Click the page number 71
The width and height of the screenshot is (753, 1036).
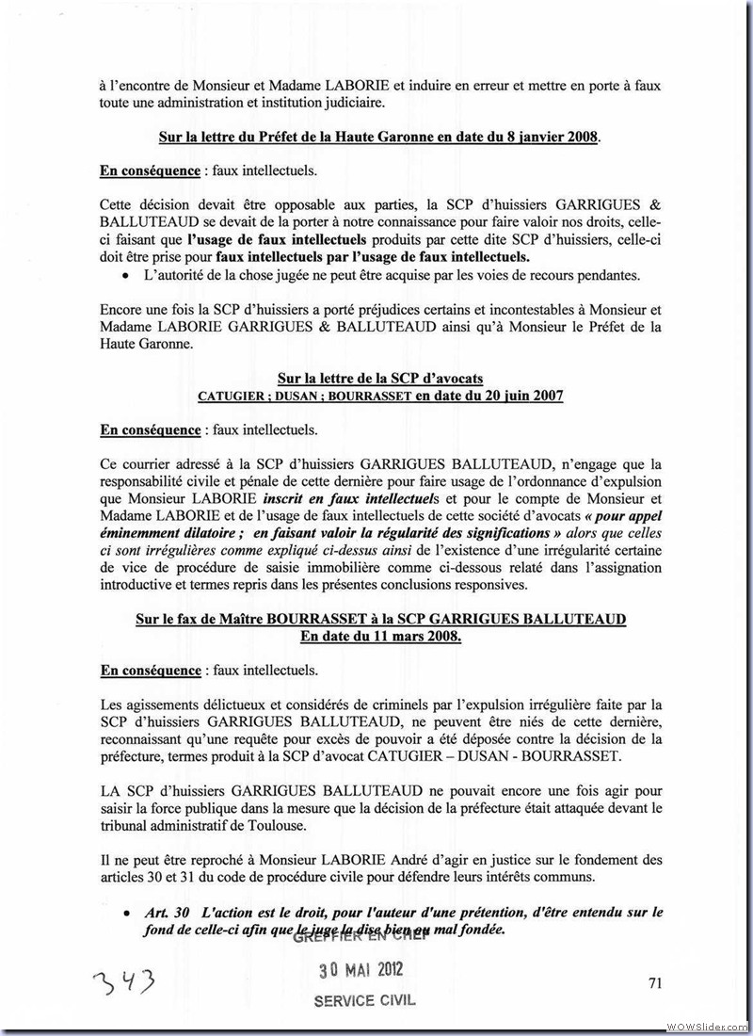(x=656, y=983)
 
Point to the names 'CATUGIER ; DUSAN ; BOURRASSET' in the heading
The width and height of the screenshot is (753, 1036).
(x=303, y=397)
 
